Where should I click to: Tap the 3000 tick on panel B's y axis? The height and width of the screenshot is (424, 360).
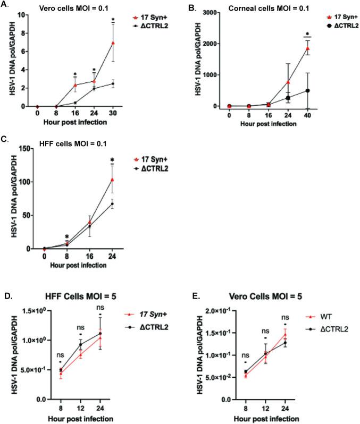tap(209, 12)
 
